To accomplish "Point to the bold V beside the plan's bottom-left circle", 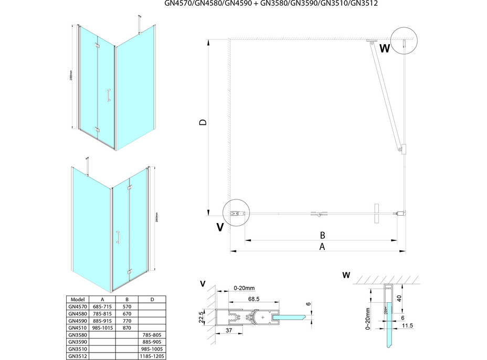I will (x=220, y=227).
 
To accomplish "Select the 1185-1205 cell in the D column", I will (x=152, y=356).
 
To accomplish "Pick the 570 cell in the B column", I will (x=128, y=306).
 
